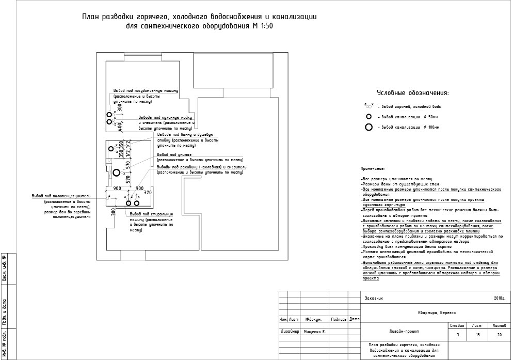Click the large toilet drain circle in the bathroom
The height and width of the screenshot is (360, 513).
(117, 173)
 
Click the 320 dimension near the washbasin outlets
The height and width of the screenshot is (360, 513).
(148, 192)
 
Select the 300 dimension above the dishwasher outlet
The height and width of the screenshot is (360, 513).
(120, 108)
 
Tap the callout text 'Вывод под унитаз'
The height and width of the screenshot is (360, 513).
(174, 154)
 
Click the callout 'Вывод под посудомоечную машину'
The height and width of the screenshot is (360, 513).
(146, 90)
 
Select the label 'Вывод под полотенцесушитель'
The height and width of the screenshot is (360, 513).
(61, 196)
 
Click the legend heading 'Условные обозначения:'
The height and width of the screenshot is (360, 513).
(412, 93)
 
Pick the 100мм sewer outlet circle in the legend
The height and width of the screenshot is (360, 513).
(368, 127)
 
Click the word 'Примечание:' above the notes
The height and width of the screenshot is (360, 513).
(372, 168)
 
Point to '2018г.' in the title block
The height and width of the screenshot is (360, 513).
(499, 298)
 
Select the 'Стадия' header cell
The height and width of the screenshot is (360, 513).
(457, 326)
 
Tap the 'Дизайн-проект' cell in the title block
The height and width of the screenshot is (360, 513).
(401, 332)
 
